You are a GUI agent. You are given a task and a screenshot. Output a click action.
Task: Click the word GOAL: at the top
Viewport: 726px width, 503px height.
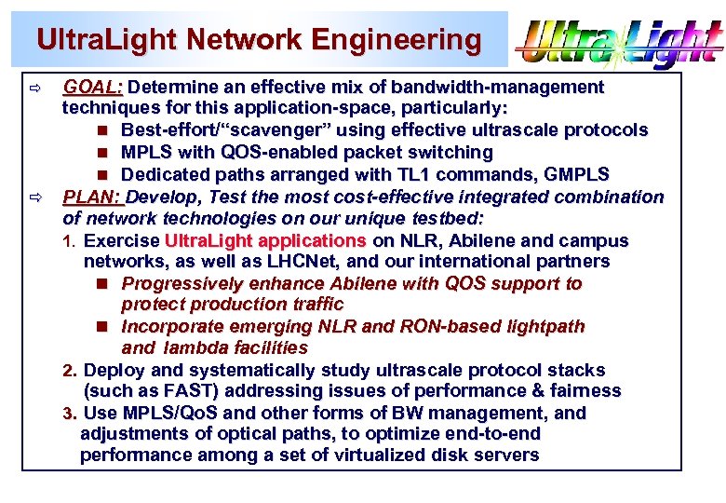click(x=93, y=88)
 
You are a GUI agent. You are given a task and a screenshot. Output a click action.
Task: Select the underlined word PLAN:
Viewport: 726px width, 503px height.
click(x=93, y=197)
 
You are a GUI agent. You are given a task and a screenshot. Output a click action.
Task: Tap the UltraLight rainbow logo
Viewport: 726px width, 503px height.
click(x=619, y=41)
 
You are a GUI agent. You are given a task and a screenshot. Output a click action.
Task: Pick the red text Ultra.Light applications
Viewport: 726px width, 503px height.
click(x=264, y=241)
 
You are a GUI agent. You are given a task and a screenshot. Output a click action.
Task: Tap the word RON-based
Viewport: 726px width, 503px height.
click(x=413, y=327)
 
